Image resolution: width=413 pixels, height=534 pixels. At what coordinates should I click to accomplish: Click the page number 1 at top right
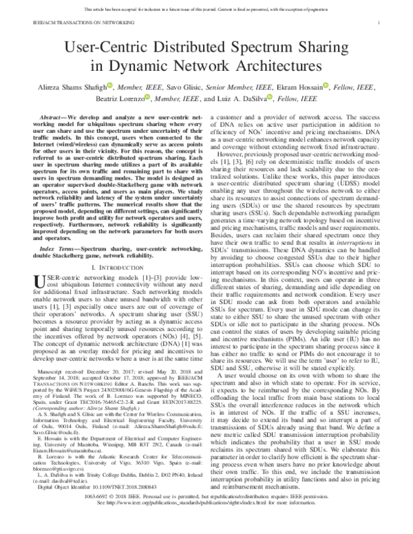380,22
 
